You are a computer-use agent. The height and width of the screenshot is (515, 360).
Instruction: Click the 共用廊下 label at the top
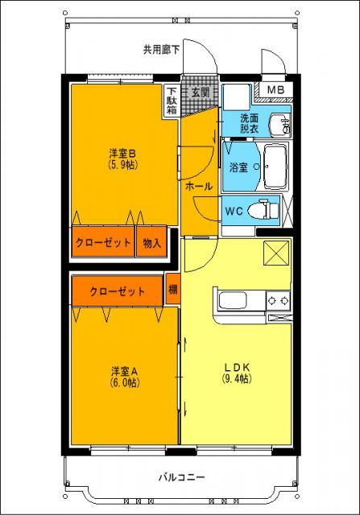pos(162,49)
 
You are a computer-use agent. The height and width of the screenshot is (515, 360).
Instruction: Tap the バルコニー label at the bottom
pos(181,477)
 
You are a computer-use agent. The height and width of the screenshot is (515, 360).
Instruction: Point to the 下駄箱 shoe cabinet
pos(172,101)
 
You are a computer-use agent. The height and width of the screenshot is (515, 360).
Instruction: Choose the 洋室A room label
pos(125,371)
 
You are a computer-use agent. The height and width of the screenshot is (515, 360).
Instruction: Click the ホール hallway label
pos(199,186)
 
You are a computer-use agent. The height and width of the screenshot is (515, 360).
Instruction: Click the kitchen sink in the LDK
pos(234,302)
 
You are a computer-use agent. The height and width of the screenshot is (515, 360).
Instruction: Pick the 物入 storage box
pos(151,242)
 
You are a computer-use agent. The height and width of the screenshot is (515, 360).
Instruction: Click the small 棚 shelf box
pos(173,290)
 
